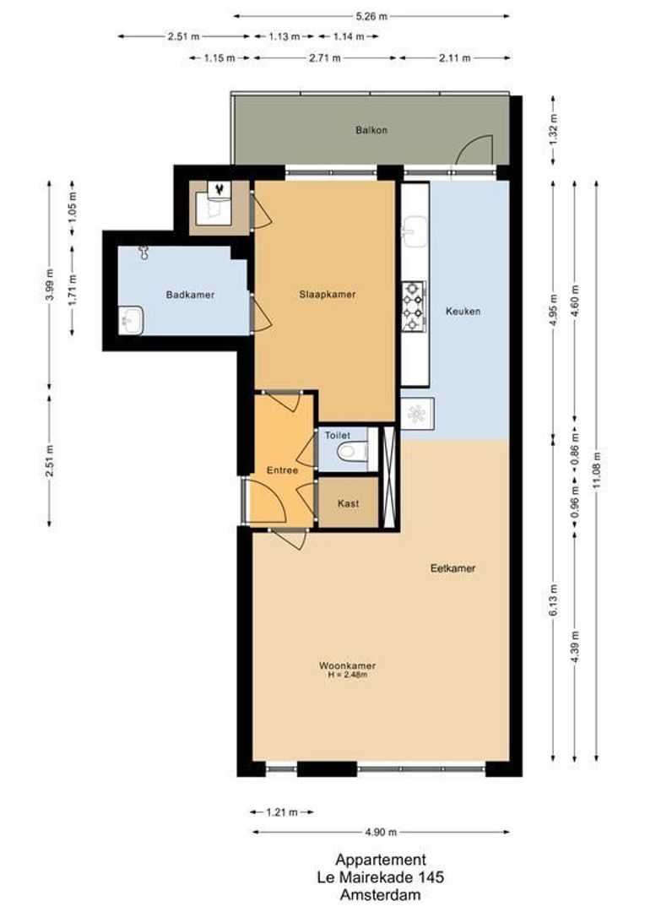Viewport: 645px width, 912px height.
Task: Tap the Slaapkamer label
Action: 327,295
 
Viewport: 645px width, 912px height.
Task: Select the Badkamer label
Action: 190,295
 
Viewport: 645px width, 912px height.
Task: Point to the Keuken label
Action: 463,311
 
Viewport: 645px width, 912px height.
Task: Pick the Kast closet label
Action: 348,503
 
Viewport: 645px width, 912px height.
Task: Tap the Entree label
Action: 281,470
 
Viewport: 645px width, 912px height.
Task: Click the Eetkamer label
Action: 453,568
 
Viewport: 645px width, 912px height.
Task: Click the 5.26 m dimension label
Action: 371,16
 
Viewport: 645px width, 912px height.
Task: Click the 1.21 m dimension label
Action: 282,812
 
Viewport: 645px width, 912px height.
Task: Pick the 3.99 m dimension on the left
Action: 50,285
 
